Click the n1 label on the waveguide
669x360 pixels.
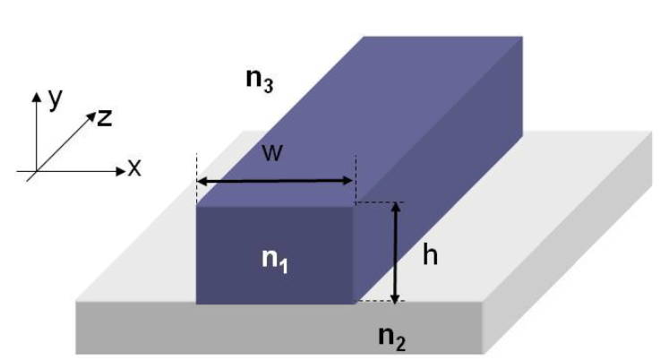coord(275,261)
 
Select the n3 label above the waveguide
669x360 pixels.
coord(260,81)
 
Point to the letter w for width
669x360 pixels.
coord(272,153)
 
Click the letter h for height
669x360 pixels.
coord(430,254)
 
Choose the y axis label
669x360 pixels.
coord(56,99)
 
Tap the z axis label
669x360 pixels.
coord(105,117)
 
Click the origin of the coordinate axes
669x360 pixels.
coord(37,171)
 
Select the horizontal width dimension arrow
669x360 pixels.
coord(275,181)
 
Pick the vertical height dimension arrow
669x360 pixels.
coord(396,253)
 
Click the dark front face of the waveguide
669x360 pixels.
coord(275,254)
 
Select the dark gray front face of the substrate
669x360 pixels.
coord(279,328)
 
